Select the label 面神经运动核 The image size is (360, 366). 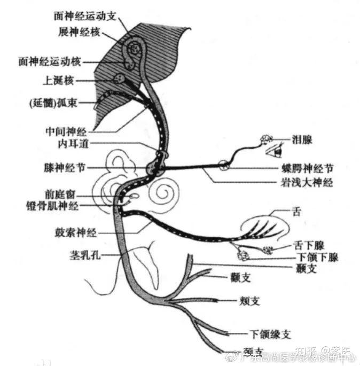pyautogui.click(x=49, y=61)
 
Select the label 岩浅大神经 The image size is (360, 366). pyautogui.click(x=309, y=183)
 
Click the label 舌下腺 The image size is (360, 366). pyautogui.click(x=307, y=246)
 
